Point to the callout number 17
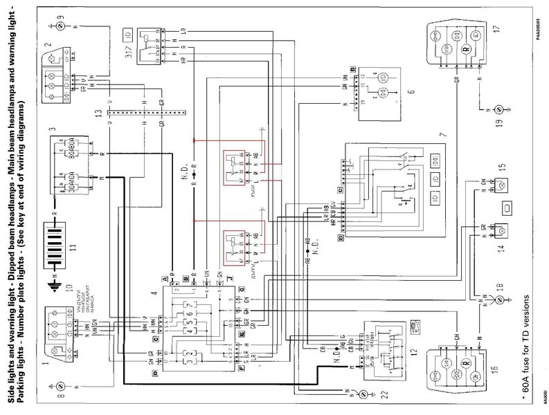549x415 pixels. click(x=496, y=32)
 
